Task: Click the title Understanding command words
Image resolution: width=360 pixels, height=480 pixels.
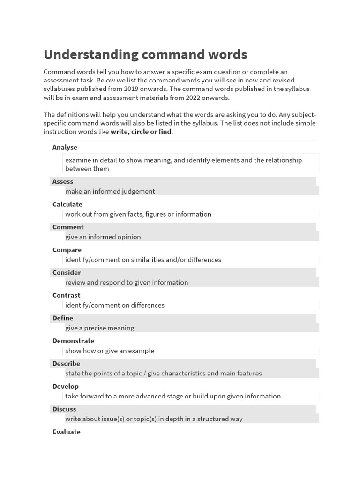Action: coord(145,55)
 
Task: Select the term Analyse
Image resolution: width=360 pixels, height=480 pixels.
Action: coord(65,147)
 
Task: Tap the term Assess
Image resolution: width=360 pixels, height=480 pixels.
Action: coord(63,181)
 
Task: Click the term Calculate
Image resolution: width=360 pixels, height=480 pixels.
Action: coord(67,204)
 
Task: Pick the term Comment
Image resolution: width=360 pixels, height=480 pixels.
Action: coord(68,227)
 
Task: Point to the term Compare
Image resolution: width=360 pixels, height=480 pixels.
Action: coord(67,250)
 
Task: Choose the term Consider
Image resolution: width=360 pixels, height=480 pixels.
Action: coord(67,272)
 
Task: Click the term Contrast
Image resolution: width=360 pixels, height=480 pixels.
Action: coord(66,295)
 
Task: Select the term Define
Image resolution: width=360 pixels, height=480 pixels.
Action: coord(63,318)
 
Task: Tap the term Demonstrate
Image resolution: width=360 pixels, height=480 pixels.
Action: coord(73,341)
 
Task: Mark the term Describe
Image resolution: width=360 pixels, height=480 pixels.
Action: coord(66,363)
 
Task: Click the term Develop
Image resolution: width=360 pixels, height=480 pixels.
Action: coord(66,386)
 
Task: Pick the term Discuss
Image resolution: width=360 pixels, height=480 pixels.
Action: coord(64,409)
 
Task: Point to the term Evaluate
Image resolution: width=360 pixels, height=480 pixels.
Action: coord(66,432)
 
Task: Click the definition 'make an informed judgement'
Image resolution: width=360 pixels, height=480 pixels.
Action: coord(110,191)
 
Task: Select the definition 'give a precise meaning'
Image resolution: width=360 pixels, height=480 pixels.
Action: coord(100,328)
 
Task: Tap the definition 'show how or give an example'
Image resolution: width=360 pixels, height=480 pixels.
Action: coord(110,351)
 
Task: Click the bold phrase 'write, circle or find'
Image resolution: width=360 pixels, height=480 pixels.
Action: coord(141,132)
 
